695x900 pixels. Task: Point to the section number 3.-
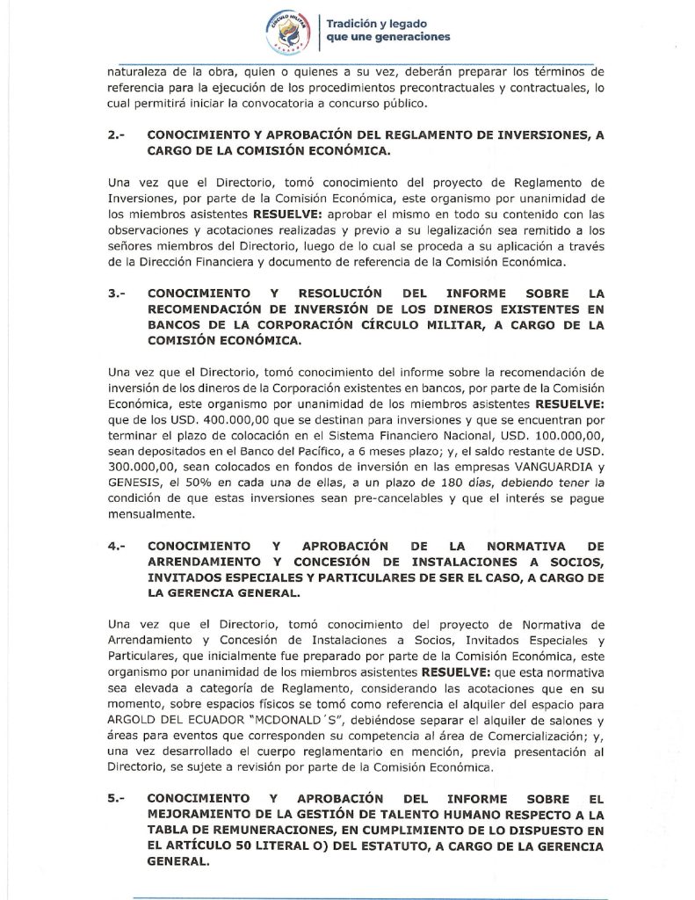tap(119, 294)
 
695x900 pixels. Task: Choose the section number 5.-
tap(119, 800)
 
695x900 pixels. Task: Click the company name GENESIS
tap(135, 483)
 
